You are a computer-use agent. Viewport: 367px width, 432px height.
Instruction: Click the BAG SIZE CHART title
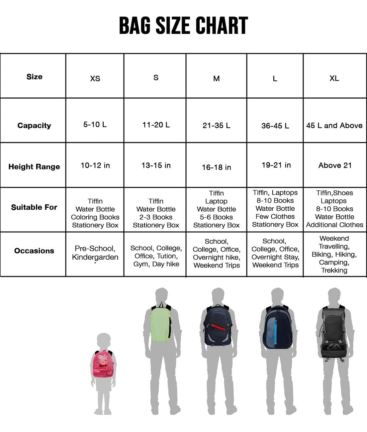[183, 26]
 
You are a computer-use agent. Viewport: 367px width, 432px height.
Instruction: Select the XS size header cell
[95, 78]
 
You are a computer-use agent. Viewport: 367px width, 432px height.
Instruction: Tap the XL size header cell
[334, 78]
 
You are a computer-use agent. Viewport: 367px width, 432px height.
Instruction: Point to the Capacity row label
[34, 126]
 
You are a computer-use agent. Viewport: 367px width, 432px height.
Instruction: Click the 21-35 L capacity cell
[216, 126]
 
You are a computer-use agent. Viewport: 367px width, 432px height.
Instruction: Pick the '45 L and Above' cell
[334, 126]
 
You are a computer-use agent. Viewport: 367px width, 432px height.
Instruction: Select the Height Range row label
[34, 167]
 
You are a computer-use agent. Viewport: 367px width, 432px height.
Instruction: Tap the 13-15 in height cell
[156, 165]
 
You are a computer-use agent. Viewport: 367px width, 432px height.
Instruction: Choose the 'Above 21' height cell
[335, 165]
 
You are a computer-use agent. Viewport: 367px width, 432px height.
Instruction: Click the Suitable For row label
[34, 207]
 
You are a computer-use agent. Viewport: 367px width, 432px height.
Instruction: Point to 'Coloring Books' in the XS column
[95, 217]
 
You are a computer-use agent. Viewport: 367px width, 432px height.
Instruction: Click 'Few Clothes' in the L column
[275, 217]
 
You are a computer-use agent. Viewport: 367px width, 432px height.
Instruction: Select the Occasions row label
[34, 251]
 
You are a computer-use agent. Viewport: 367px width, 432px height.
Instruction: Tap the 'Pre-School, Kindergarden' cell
[95, 253]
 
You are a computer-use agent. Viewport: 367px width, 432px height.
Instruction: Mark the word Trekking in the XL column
[334, 270]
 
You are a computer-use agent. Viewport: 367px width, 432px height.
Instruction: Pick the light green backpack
[161, 324]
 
